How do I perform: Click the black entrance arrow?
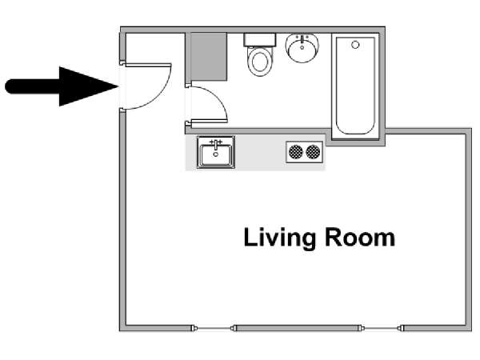tap(62, 86)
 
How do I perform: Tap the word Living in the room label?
tap(279, 238)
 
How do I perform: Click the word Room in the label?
tap(360, 238)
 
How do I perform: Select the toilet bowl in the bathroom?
tap(259, 62)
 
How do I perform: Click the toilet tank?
tap(260, 40)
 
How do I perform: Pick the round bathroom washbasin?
tap(302, 48)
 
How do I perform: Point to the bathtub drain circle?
tap(355, 45)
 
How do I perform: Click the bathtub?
tap(355, 86)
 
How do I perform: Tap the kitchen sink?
tap(216, 153)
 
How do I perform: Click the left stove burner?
tap(296, 152)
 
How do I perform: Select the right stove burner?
tap(313, 152)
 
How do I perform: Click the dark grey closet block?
tap(209, 57)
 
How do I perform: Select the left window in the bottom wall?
tap(214, 329)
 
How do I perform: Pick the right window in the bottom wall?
tap(382, 329)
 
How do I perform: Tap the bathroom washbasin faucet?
tap(302, 40)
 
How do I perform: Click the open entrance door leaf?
tap(147, 66)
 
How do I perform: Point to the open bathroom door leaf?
tap(209, 122)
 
